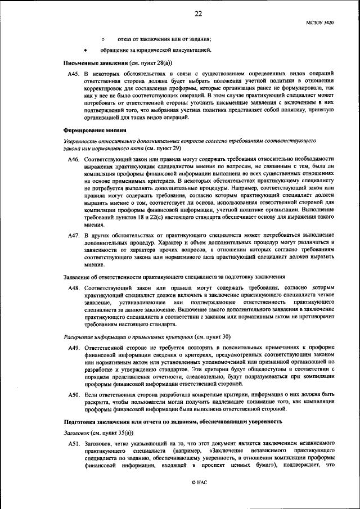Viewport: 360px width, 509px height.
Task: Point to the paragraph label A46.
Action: coord(74,160)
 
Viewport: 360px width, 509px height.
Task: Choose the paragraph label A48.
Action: coord(74,288)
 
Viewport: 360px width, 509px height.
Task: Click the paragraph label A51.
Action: coord(74,443)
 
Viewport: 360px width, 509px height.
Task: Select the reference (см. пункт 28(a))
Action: coord(151,63)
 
